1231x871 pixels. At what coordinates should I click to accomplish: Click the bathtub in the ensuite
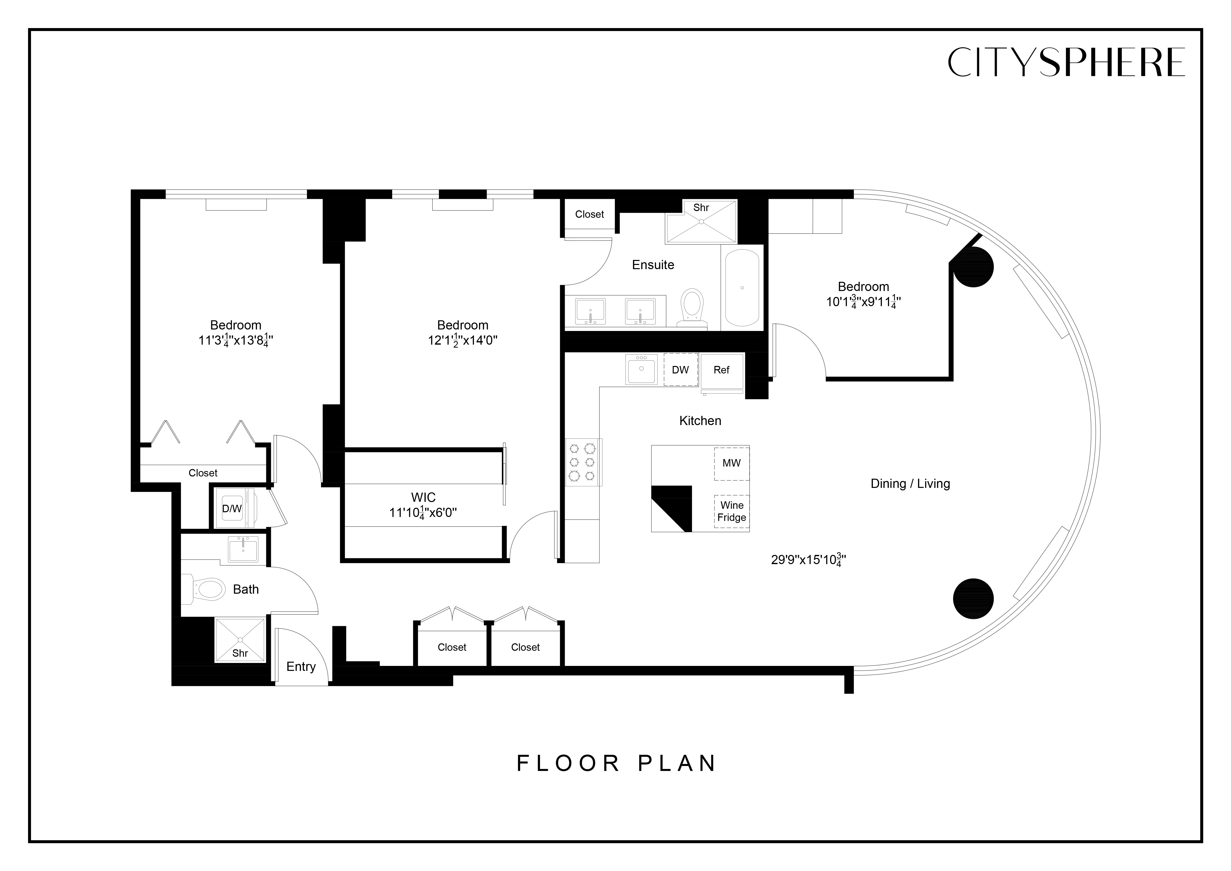742,288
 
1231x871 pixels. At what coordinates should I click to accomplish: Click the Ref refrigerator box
722,370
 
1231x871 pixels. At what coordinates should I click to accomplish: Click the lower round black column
973,599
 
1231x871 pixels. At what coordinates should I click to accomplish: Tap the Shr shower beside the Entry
240,640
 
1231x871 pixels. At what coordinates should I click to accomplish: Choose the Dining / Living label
910,484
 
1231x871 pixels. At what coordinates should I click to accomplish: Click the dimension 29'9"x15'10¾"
808,560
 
